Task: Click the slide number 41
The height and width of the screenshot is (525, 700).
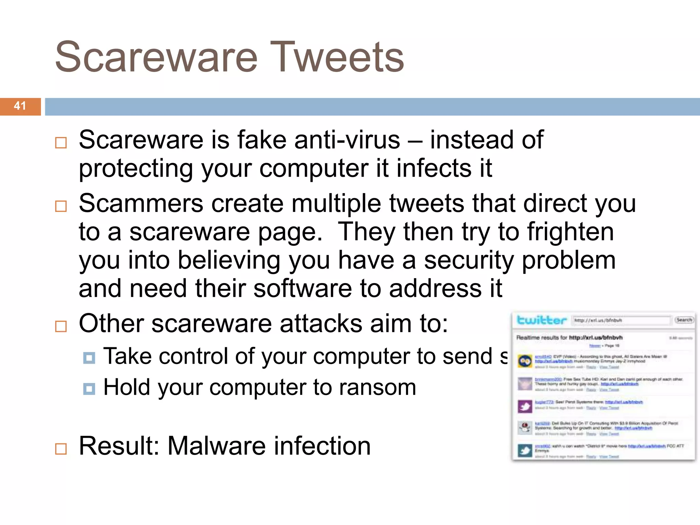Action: pyautogui.click(x=20, y=106)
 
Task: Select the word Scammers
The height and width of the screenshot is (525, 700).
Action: pyautogui.click(x=141, y=203)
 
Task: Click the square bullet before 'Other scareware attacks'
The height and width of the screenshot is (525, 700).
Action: pyautogui.click(x=61, y=326)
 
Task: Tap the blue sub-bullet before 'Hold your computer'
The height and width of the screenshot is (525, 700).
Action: pyautogui.click(x=89, y=389)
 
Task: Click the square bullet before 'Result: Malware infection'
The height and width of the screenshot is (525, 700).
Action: pyautogui.click(x=61, y=448)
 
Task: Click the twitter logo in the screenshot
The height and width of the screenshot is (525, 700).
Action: pyautogui.click(x=541, y=320)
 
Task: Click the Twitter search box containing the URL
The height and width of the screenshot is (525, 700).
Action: pyautogui.click(x=620, y=320)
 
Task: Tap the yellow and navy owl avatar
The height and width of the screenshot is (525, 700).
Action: pyautogui.click(x=525, y=361)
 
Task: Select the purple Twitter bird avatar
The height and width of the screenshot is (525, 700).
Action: pyautogui.click(x=525, y=406)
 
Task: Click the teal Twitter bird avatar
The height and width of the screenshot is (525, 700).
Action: pyautogui.click(x=525, y=450)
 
